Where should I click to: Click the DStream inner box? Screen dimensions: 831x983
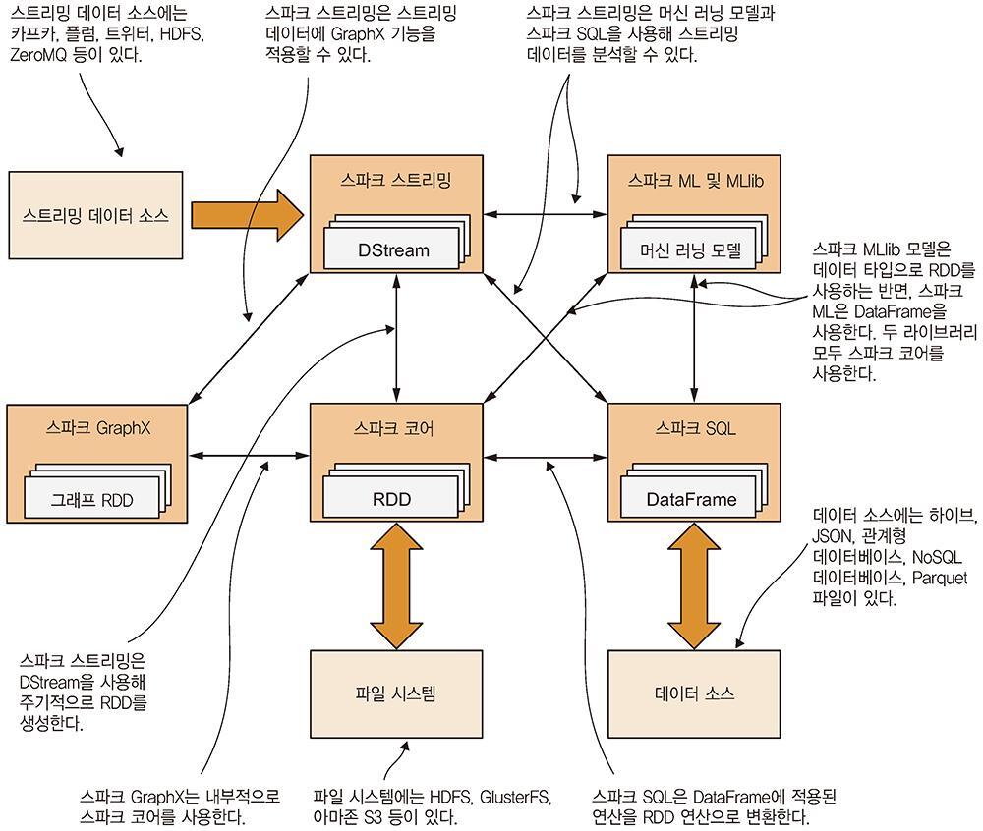(x=393, y=250)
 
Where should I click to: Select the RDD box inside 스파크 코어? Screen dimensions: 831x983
(x=390, y=499)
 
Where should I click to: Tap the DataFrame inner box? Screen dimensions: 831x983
(x=690, y=499)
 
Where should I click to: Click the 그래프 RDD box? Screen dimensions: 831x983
(x=91, y=501)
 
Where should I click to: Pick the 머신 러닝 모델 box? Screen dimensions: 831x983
(x=690, y=250)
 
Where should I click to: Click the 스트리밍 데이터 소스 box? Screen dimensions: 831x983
(x=95, y=215)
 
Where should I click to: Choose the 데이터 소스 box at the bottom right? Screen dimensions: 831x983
(x=694, y=693)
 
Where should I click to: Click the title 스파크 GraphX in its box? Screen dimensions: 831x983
(x=96, y=428)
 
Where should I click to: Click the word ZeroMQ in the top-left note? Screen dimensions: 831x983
(x=40, y=55)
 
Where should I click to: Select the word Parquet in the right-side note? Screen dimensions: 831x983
(x=939, y=577)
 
